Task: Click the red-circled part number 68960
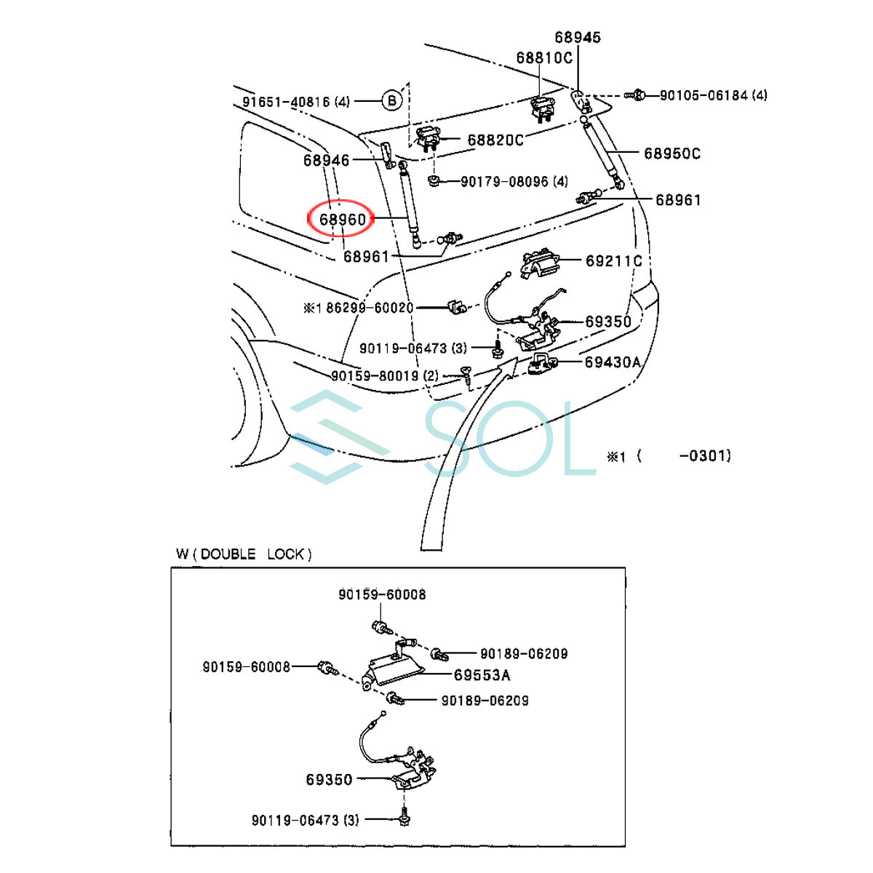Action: click(342, 220)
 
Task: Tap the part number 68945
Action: click(578, 37)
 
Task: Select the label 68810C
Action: click(545, 58)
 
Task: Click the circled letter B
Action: click(392, 100)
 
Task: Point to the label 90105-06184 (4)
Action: click(714, 95)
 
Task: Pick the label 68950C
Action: click(672, 154)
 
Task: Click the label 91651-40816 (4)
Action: click(296, 101)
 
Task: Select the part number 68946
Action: click(326, 160)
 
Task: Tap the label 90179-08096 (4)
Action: click(514, 182)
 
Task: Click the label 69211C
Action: click(614, 261)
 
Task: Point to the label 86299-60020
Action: click(370, 308)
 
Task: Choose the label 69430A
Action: click(613, 362)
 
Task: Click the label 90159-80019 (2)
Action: click(385, 375)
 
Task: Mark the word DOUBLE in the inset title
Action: click(228, 554)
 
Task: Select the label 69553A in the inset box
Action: click(482, 675)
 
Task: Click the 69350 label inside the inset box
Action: click(329, 780)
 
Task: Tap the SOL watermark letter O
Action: click(514, 439)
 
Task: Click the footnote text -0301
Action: click(706, 455)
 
